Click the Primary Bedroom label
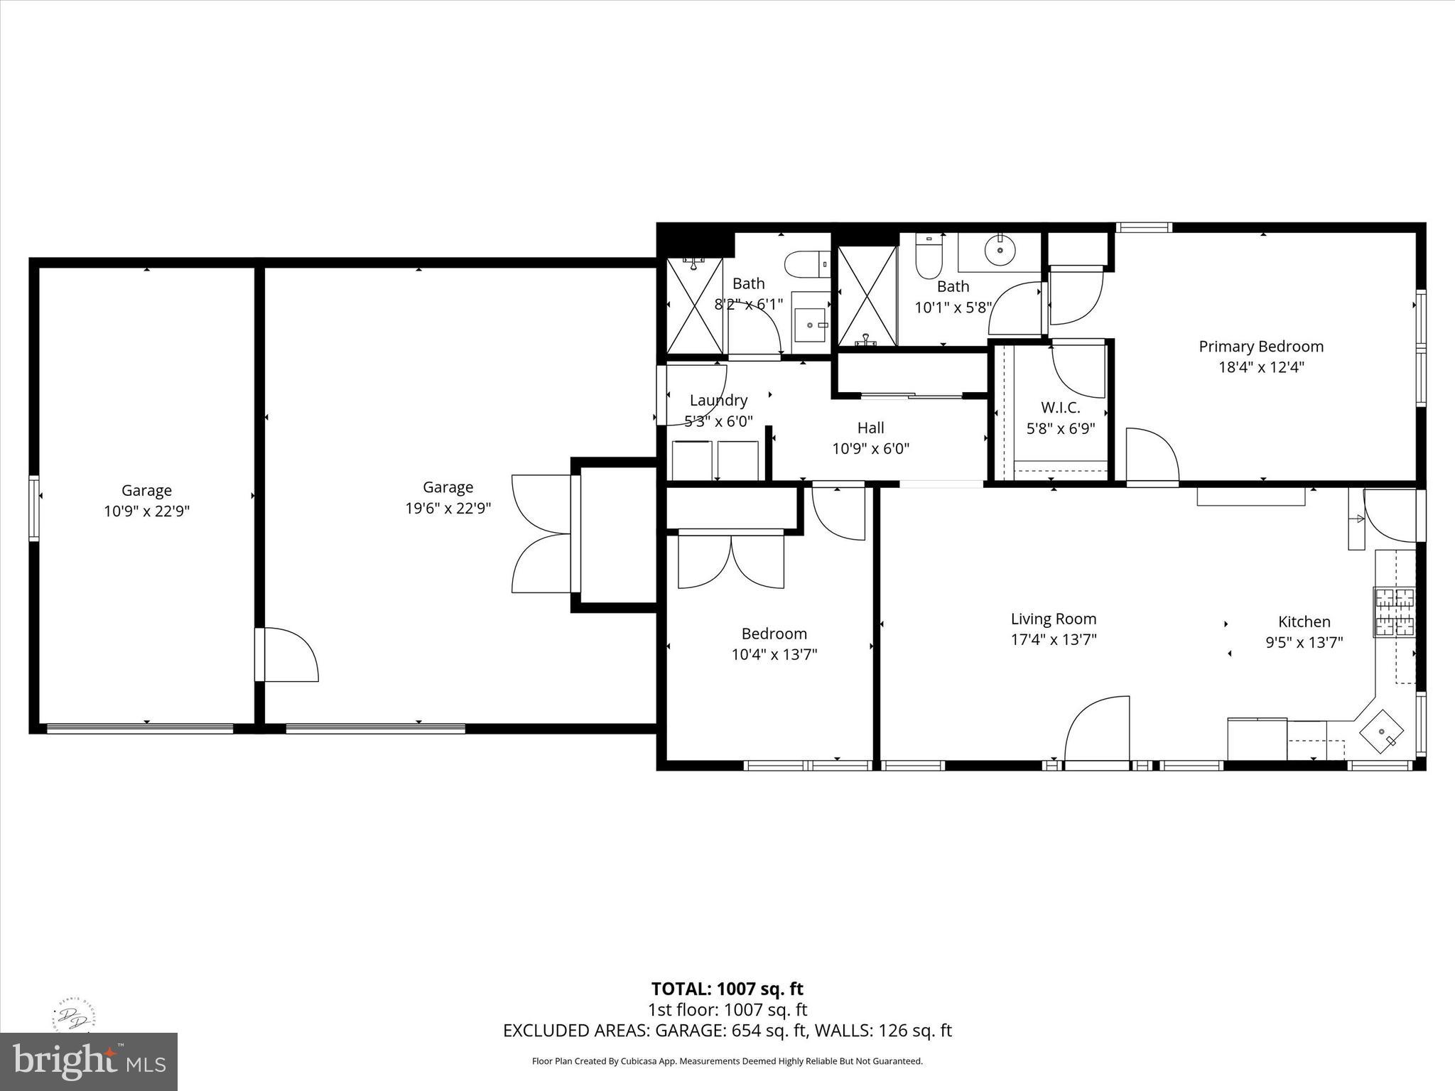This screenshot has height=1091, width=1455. click(1261, 347)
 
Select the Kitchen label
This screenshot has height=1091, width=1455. click(1304, 622)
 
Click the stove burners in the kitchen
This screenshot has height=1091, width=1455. click(1394, 612)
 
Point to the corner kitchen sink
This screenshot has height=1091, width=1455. click(1382, 732)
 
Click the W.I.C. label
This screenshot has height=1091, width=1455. click(1061, 408)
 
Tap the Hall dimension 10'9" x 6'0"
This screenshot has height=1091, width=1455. click(870, 449)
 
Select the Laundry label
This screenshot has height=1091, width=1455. click(718, 401)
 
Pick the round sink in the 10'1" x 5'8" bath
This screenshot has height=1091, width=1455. click(1000, 250)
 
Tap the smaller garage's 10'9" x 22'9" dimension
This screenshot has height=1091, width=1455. click(146, 511)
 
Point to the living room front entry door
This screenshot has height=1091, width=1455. click(1097, 732)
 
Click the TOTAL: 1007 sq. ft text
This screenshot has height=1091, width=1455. click(727, 989)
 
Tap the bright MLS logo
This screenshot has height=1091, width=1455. click(89, 1061)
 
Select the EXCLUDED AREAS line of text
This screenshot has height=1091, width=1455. click(727, 1031)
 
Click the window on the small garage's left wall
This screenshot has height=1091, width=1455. click(33, 509)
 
